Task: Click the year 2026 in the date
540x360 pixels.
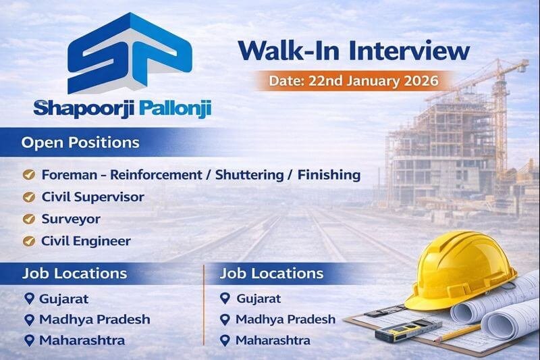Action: click(x=418, y=80)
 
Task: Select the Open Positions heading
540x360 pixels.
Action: click(x=80, y=143)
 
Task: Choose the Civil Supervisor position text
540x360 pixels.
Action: click(x=92, y=197)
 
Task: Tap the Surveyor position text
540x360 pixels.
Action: click(x=71, y=219)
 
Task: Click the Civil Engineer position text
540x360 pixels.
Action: click(x=86, y=240)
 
